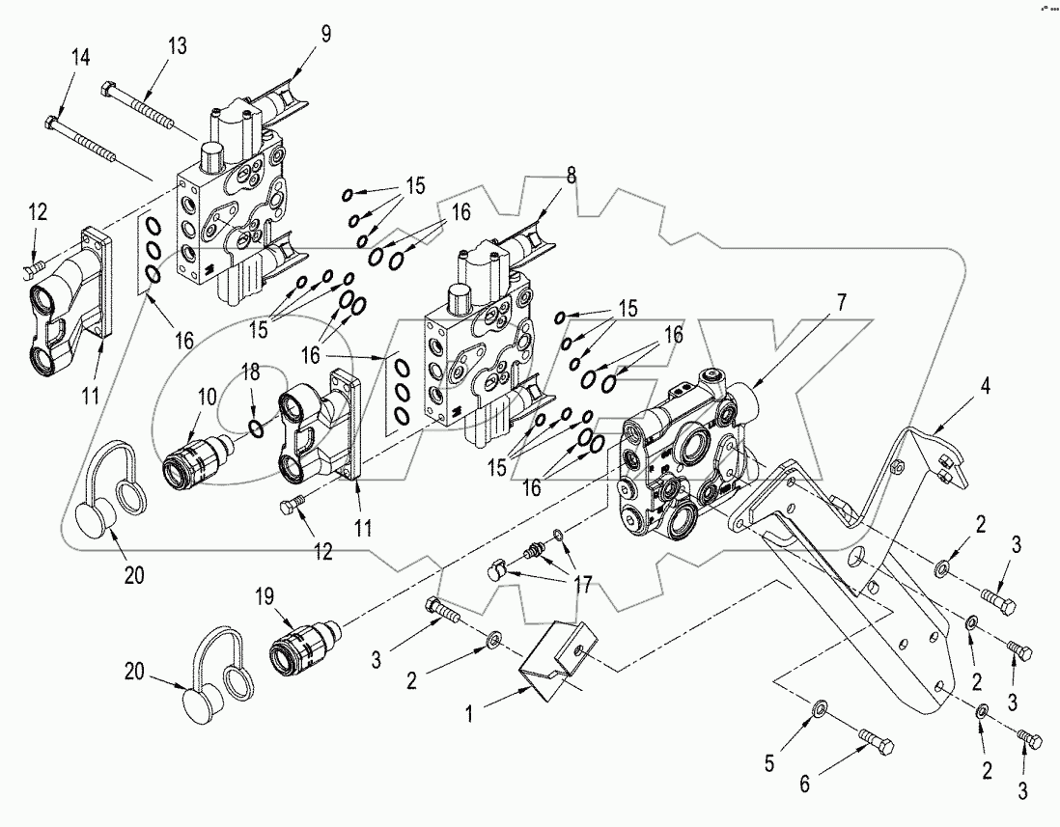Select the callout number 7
pyautogui.click(x=841, y=302)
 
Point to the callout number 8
pyautogui.click(x=571, y=178)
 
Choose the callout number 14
pyautogui.click(x=80, y=59)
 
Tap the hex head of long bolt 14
pyautogui.click(x=53, y=124)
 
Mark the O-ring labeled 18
pyautogui.click(x=254, y=427)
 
